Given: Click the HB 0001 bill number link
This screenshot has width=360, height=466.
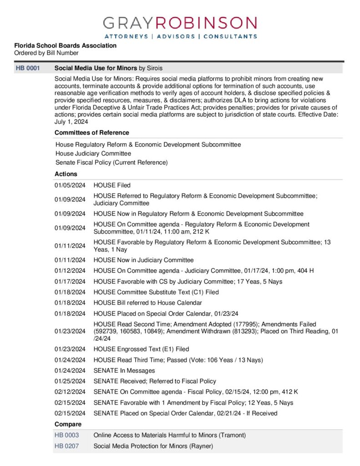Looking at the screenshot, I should [28, 68].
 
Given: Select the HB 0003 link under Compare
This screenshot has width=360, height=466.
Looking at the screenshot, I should [66, 435].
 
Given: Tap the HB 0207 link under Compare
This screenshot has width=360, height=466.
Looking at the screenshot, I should [66, 446].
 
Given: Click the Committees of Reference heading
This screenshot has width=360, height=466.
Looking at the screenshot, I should [91, 132].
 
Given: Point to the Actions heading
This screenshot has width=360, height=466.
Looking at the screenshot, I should [66, 174].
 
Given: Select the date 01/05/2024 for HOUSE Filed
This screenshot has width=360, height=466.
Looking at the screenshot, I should [70, 185].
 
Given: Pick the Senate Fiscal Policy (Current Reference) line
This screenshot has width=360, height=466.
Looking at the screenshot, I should [112, 162].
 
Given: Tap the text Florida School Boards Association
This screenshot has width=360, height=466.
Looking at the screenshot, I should [65, 46].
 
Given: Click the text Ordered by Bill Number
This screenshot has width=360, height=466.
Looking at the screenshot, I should [46, 53].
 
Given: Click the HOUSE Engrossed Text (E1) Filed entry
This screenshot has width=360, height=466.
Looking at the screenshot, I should [141, 349].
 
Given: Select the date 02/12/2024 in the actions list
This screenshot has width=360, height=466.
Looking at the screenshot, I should [70, 392].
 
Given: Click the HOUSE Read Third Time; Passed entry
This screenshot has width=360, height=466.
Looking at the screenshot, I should [178, 360].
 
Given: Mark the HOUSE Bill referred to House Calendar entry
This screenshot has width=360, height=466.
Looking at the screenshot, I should [147, 303].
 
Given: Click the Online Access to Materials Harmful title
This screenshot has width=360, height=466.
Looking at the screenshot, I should [169, 435].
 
